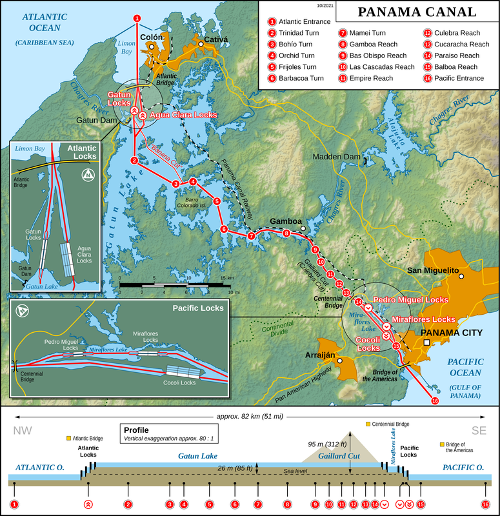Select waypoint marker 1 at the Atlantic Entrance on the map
tap(136, 18)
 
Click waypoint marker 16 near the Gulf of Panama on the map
tap(434, 401)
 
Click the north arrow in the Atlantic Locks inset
tap(87, 175)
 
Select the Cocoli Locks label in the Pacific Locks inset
tap(179, 382)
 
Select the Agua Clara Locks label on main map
tap(183, 115)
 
